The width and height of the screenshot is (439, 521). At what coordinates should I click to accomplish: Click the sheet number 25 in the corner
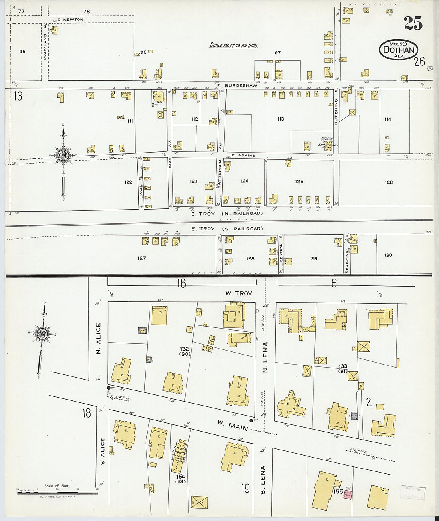(x=413, y=24)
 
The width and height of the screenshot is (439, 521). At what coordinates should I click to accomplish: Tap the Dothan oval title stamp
(x=398, y=50)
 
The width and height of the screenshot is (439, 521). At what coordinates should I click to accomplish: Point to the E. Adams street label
(x=243, y=155)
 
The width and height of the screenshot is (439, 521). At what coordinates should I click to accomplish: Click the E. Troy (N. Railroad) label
(x=227, y=214)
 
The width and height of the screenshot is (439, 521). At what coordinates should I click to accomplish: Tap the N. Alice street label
(x=99, y=339)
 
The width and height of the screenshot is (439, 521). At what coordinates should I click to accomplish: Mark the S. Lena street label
(x=263, y=479)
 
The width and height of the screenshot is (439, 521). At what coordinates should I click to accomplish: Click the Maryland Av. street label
(x=45, y=46)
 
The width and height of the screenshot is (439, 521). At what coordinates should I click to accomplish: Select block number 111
(x=130, y=121)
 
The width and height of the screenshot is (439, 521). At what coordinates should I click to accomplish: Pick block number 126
(x=389, y=182)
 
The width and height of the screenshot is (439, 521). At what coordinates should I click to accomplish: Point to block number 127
(x=142, y=258)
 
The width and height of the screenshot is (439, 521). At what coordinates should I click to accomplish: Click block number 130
(x=388, y=255)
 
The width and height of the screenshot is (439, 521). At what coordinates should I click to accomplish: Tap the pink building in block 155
(x=348, y=495)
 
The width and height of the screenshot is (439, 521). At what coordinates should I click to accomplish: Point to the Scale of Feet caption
(x=56, y=486)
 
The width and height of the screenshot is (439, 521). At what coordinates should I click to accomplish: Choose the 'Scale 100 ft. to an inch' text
(x=233, y=46)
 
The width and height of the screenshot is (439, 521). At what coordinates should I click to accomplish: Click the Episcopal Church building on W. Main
(x=179, y=456)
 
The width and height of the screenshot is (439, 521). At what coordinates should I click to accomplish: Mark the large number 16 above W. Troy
(x=182, y=283)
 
